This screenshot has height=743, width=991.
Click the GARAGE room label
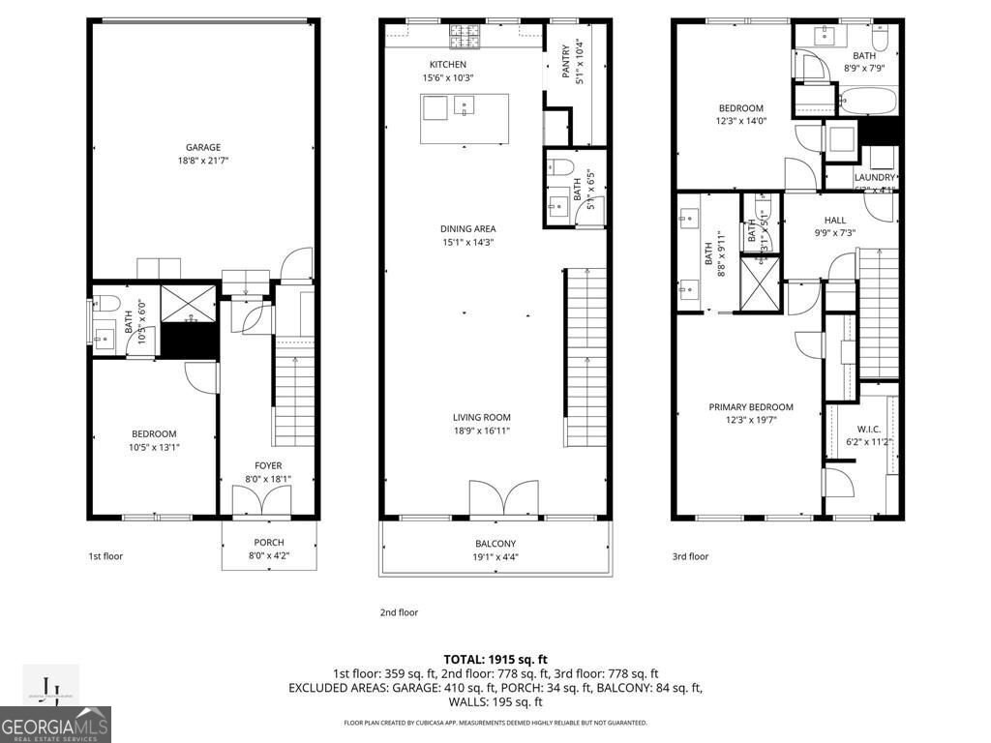[x=203, y=147]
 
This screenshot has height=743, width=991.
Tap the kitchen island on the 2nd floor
[x=465, y=118]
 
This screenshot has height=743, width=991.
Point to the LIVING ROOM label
[x=481, y=417]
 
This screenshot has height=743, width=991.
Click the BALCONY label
[x=495, y=544]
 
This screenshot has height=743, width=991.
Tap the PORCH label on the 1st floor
[x=268, y=542]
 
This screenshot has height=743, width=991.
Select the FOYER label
[x=268, y=465]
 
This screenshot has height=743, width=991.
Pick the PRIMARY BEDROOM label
[x=750, y=407]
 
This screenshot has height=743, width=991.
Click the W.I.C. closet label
[x=867, y=429]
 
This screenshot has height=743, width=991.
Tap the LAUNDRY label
[x=874, y=177]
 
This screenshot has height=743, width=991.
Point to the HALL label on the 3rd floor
[x=834, y=221]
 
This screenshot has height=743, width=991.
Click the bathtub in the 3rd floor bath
[x=868, y=100]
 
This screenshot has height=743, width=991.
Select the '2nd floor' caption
[x=398, y=612]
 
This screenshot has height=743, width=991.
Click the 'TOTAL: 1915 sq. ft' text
[x=495, y=658]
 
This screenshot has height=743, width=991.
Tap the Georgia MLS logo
[x=55, y=724]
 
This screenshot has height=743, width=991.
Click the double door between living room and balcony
[x=499, y=499]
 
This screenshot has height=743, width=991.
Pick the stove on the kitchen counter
[x=464, y=37]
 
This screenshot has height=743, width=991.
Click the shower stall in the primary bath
[x=760, y=283]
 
